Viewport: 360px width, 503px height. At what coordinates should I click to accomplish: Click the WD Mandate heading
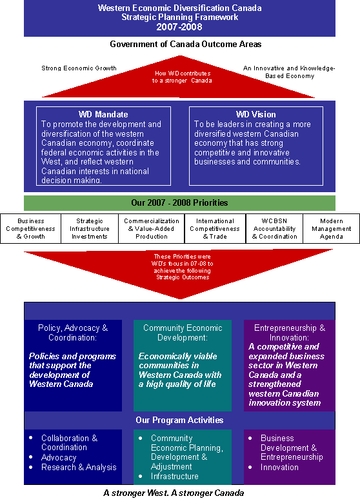click(x=103, y=114)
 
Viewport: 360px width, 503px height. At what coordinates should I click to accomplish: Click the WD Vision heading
click(x=255, y=114)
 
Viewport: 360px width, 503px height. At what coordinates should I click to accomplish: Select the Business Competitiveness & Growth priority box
click(x=30, y=229)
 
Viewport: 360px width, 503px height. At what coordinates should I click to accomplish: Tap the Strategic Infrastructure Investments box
click(x=90, y=229)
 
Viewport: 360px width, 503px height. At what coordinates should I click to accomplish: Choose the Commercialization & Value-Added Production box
click(x=152, y=229)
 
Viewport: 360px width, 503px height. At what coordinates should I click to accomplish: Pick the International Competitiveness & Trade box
click(x=215, y=229)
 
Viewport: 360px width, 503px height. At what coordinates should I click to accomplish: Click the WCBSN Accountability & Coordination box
click(x=274, y=229)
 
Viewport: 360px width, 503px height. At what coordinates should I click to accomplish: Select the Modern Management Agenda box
click(x=331, y=229)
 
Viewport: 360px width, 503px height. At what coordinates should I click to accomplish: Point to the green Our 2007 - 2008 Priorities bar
click(x=180, y=203)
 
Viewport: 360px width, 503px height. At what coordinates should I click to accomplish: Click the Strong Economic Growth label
click(x=79, y=68)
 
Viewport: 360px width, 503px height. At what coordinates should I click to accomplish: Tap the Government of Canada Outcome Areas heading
click(x=185, y=44)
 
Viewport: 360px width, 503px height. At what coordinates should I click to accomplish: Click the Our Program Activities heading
click(x=179, y=420)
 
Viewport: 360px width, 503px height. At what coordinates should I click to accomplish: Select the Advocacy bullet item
click(x=59, y=457)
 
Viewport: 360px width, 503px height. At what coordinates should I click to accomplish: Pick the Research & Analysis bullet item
click(x=79, y=468)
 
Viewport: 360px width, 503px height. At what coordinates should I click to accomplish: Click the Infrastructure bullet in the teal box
click(x=175, y=477)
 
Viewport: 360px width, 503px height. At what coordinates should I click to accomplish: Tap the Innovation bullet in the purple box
click(x=279, y=468)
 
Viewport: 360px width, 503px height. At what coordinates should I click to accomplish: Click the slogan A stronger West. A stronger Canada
click(x=174, y=493)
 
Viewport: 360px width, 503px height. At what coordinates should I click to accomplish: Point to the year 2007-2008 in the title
click(x=179, y=27)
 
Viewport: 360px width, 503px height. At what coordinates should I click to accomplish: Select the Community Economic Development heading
click(x=183, y=333)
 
